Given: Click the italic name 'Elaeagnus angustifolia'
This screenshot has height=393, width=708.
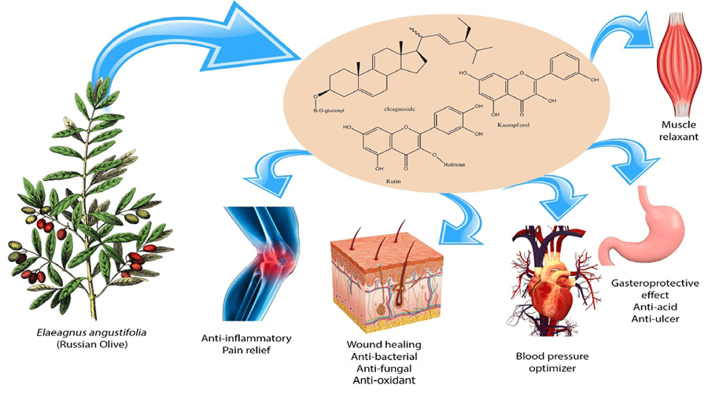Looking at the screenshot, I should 85,332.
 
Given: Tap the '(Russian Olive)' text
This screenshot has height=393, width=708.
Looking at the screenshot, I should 85,345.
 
